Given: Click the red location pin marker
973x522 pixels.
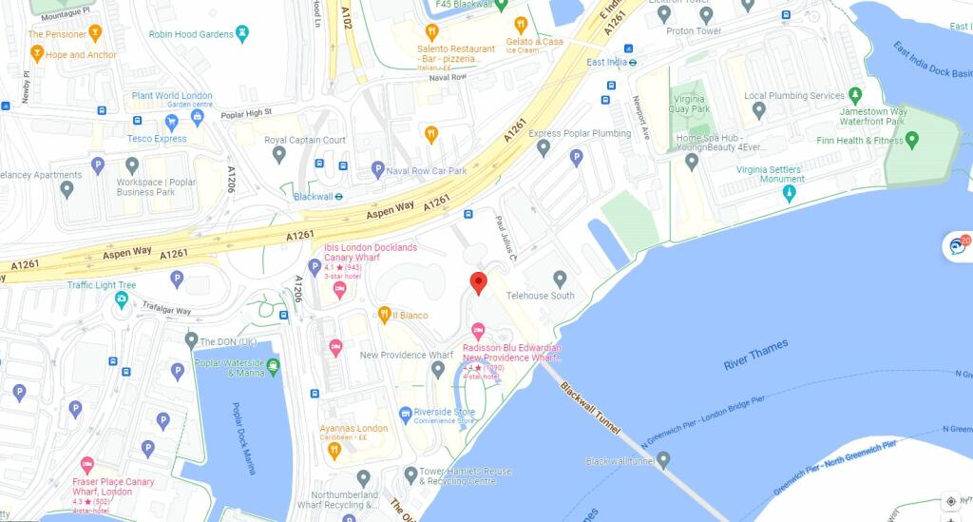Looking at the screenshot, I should pos(479,282).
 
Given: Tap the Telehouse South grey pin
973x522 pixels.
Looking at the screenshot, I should pos(560,279).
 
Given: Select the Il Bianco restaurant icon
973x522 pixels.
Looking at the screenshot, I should pos(384,315).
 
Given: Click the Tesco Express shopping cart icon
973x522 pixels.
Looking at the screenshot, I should pos(198,118).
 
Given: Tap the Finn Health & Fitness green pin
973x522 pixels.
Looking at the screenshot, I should pos(912,141).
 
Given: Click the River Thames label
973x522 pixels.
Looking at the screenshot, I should pos(755,358).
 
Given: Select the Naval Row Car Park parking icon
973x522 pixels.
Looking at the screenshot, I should pos(378,170).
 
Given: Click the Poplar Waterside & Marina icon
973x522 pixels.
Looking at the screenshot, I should pos(274,365).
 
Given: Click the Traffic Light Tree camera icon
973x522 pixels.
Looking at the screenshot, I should pos(122,300).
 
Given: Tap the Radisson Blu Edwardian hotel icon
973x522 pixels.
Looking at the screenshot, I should pos(479,330).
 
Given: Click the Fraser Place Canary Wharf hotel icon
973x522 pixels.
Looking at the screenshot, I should pos(88,465).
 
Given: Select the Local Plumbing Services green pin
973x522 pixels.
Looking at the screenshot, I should pos(854,95).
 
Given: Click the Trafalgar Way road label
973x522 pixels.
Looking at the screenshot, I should pos(165,310).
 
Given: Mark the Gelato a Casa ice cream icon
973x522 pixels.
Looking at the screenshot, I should pos(520,25).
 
